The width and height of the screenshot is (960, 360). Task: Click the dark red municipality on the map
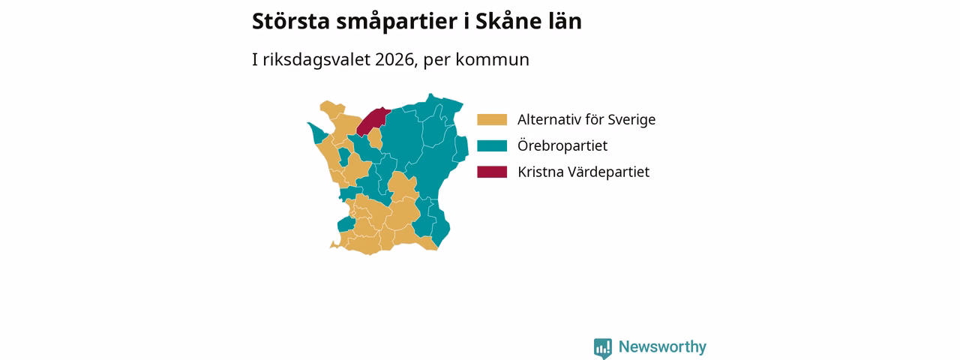372,121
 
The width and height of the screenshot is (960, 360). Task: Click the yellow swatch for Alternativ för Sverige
492,119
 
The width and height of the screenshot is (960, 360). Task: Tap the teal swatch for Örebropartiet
492,145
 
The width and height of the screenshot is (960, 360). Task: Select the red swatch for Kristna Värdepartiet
492,172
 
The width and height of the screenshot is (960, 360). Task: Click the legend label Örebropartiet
562,145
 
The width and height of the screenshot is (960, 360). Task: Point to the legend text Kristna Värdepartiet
583,172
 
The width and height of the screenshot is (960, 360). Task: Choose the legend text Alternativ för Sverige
586,119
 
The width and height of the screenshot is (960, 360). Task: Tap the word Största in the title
290,21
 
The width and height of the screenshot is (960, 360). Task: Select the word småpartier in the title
397,22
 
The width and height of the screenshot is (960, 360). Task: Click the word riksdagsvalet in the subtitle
316,59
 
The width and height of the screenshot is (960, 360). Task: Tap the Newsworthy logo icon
602,348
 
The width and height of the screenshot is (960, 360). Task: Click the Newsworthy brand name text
662,346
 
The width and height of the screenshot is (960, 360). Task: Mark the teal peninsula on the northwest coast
318,133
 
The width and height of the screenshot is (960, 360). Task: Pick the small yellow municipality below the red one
375,139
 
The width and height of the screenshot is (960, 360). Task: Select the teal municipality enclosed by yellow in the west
344,157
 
